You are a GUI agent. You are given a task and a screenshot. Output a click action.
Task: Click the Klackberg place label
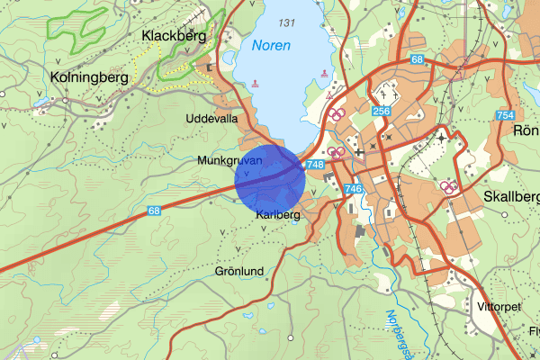pyautogui.click(x=174, y=36)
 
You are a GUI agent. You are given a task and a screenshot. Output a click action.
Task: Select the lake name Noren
pyautogui.click(x=272, y=45)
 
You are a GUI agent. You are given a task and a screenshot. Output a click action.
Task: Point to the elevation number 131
pyautogui.click(x=287, y=22)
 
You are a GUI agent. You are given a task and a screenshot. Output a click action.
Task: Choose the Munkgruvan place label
pyautogui.click(x=229, y=160)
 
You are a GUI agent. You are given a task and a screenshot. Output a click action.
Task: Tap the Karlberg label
pyautogui.click(x=277, y=215)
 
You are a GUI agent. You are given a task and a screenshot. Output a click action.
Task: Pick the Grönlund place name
pyautogui.click(x=239, y=270)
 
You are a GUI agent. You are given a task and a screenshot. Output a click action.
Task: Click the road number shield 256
pyautogui.click(x=381, y=111)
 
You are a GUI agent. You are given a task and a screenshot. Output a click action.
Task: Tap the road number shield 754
pyautogui.click(x=505, y=115)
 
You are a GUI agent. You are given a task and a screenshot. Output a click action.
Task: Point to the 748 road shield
pyautogui.click(x=315, y=165)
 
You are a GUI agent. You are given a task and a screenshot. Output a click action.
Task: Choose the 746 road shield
pyautogui.click(x=352, y=188)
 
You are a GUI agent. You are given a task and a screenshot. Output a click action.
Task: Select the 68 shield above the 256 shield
pyautogui.click(x=416, y=59)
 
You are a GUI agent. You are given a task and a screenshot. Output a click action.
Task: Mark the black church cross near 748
pyautogui.click(x=358, y=153)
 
